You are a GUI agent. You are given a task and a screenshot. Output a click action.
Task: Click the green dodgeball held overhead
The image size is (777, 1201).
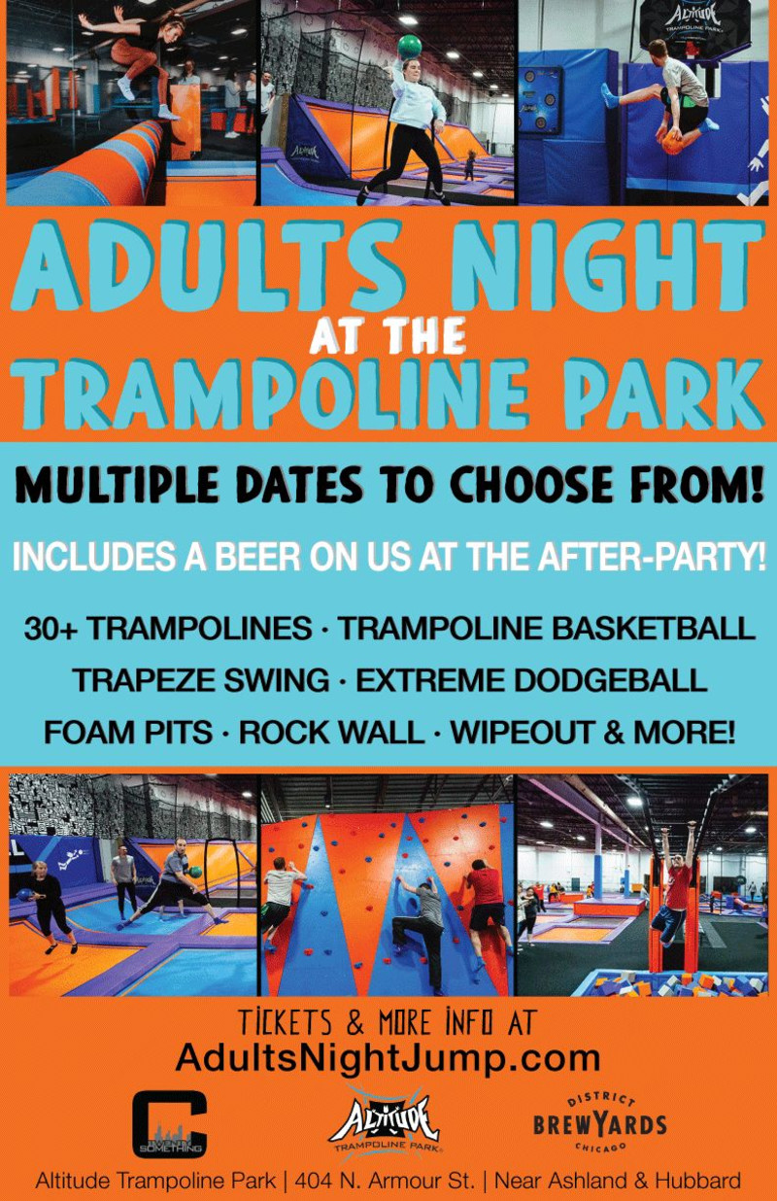coord(411,47)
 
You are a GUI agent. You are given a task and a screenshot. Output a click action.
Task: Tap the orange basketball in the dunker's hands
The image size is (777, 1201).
coord(674,143)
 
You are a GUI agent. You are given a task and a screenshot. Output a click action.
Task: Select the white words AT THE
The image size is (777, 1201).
coord(388,335)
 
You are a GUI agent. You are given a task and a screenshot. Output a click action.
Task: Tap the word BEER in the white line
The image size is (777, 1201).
coord(257,557)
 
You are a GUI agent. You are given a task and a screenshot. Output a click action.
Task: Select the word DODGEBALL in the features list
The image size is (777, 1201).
coord(610,680)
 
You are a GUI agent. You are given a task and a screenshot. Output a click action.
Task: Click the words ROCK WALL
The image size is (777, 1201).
coord(332,733)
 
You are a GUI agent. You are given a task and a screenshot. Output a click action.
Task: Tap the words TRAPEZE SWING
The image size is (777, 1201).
coord(201,680)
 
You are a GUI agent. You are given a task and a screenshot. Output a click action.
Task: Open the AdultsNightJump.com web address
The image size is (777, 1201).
coord(388,1057)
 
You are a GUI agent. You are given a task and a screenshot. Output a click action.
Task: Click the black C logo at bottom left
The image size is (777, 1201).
coord(170,1124)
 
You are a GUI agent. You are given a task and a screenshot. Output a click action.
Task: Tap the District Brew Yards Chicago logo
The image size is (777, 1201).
coord(600,1122)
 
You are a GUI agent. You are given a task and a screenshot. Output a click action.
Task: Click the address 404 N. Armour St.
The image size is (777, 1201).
coord(385,1180)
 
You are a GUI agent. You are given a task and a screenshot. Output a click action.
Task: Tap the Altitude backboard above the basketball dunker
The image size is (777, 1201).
coord(693,24)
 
